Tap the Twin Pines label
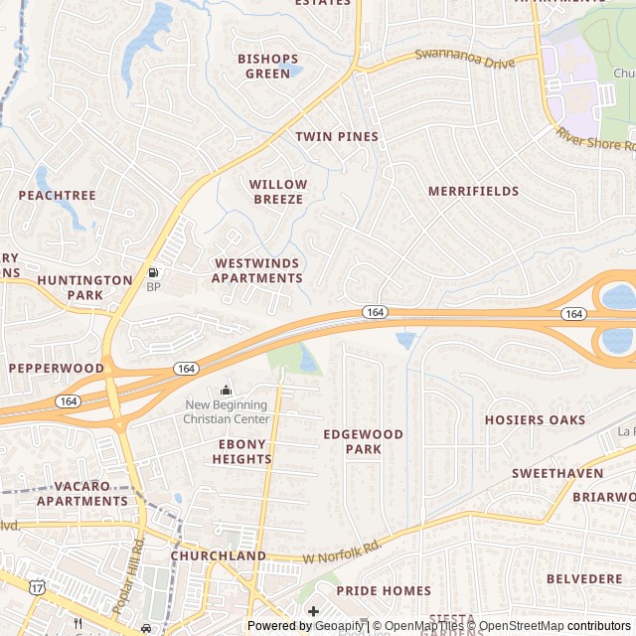point(337,136)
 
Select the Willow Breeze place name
point(277,192)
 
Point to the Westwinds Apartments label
point(256,270)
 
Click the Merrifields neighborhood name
point(473,191)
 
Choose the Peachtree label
point(58,196)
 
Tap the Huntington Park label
point(84,287)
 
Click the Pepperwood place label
point(56,368)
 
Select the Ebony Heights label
point(241,451)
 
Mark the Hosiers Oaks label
point(535,420)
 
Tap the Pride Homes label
point(384,590)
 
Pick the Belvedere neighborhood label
point(584,578)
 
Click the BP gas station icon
point(153,272)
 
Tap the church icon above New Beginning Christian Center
point(226,390)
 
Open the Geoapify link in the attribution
point(337,626)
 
